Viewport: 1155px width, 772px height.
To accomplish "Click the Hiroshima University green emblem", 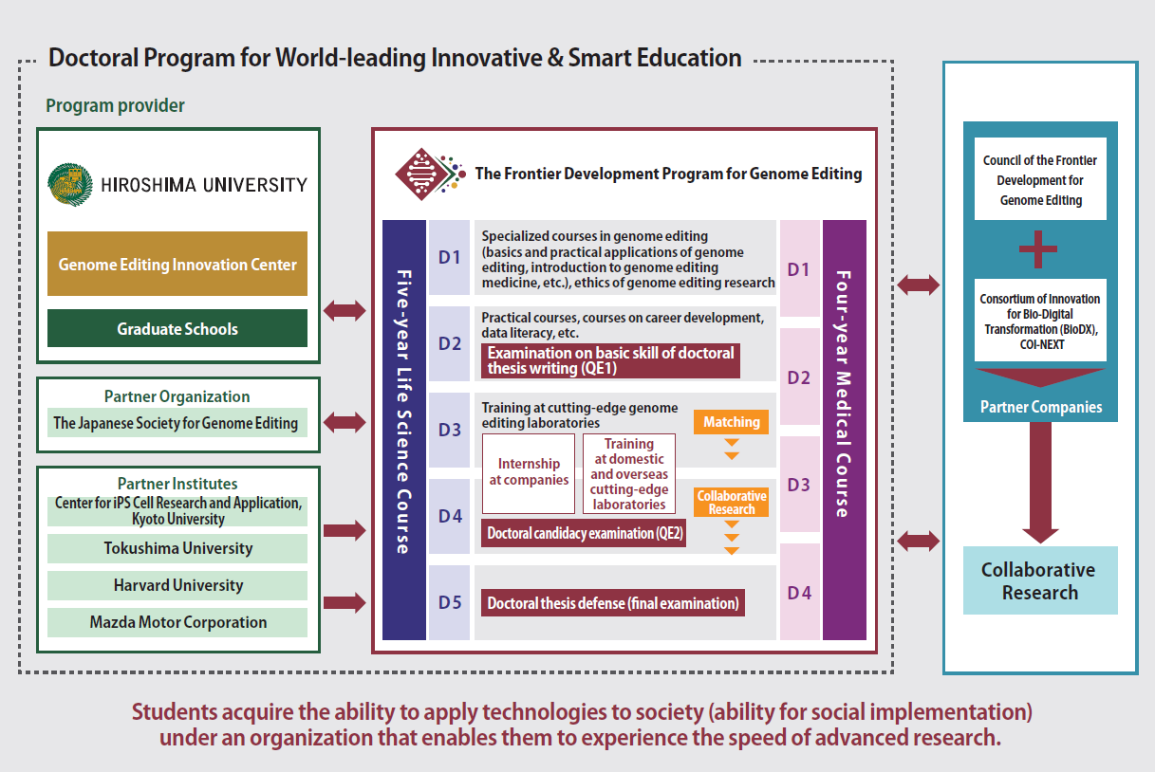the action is (x=70, y=185).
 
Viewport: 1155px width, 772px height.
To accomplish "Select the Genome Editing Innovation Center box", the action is (x=177, y=264).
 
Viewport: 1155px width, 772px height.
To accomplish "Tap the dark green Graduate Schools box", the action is (x=177, y=328).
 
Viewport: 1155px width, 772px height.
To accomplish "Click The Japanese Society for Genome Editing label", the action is (x=176, y=423).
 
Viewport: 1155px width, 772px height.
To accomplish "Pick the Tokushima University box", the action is (x=177, y=548).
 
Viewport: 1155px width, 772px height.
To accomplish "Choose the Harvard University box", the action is (x=177, y=585).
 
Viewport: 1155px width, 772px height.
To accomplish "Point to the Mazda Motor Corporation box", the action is (x=177, y=622).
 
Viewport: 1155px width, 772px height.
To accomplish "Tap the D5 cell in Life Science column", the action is (x=450, y=602).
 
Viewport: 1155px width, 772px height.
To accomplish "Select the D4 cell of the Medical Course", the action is (x=800, y=592).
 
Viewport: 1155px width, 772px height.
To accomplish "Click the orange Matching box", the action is (x=731, y=422).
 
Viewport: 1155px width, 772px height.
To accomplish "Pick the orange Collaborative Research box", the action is (x=731, y=503).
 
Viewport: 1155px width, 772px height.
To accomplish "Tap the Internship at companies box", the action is (x=529, y=473).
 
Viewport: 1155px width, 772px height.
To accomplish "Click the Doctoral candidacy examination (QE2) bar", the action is (x=584, y=533).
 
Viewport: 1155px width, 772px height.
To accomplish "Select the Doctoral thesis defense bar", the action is (x=613, y=603).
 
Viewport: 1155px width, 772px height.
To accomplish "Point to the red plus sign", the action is (x=1038, y=249).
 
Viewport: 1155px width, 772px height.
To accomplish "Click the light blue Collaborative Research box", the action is (x=1040, y=580).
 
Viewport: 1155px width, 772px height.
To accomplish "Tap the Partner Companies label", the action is (x=1041, y=407).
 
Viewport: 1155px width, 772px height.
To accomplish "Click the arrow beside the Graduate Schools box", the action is (x=345, y=311).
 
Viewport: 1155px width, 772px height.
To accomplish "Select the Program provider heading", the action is (x=115, y=105).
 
